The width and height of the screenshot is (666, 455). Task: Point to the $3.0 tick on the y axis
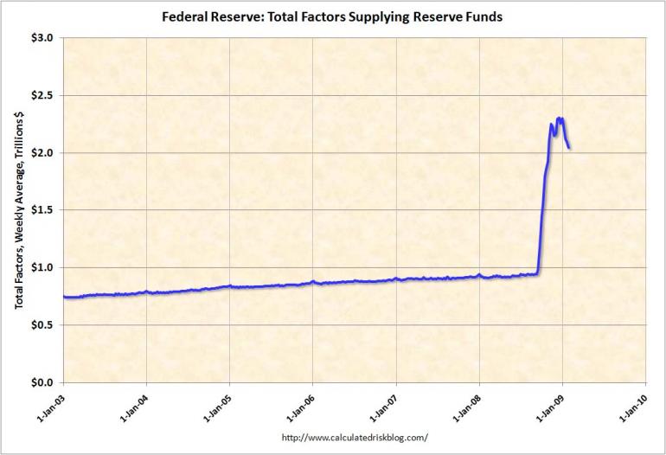coord(42,38)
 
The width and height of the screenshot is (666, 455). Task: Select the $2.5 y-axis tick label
coord(42,95)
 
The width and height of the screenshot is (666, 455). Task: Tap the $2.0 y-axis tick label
coord(42,153)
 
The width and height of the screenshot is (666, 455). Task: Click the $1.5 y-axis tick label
coord(42,210)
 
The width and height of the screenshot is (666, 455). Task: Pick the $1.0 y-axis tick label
coord(42,267)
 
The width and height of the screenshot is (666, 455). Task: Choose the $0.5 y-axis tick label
coord(42,325)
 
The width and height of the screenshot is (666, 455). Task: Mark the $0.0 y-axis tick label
coord(42,382)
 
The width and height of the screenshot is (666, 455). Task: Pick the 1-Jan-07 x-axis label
coord(383,407)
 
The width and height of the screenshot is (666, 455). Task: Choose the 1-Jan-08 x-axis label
coord(466,407)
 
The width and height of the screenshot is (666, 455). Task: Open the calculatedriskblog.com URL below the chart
coord(355,438)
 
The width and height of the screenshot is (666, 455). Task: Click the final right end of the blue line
coord(568,148)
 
